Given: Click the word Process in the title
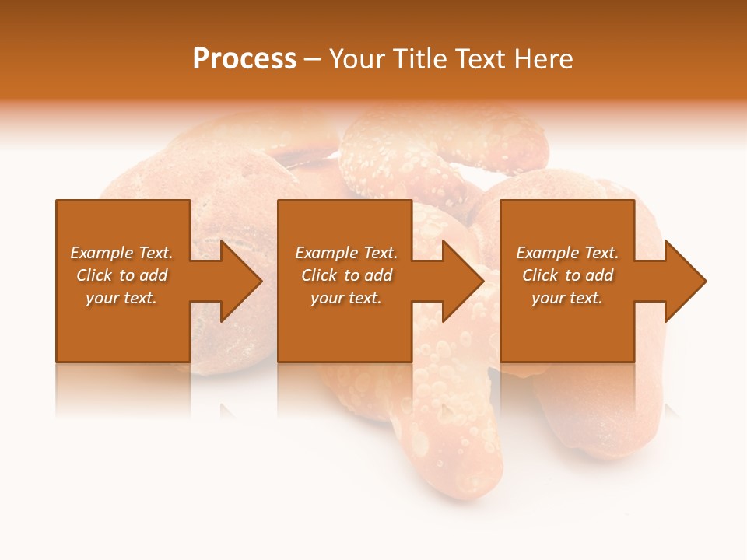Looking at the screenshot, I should (x=244, y=59).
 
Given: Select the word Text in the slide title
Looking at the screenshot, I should (x=482, y=59).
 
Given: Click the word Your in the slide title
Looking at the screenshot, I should (x=357, y=59).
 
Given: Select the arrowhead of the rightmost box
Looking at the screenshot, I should (x=684, y=281).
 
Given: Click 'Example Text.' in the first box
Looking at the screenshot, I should (x=121, y=253).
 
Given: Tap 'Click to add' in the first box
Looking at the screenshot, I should (x=121, y=275).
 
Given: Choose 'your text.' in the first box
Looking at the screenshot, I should (x=121, y=298).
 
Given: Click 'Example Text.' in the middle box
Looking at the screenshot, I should (x=346, y=253).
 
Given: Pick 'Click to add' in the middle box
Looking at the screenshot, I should (x=346, y=275).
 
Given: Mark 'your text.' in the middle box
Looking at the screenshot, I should (x=346, y=298).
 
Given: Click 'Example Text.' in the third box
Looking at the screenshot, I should (x=567, y=253).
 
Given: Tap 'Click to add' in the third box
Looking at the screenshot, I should (x=567, y=275).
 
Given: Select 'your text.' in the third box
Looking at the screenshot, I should (x=567, y=298).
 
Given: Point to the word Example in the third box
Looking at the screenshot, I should (x=549, y=253).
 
